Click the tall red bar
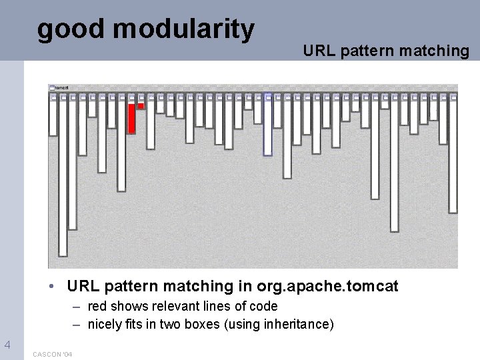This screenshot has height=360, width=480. (131, 117)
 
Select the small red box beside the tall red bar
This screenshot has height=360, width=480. (141, 105)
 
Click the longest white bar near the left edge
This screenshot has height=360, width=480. (63, 177)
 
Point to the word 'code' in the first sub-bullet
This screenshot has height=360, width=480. (264, 306)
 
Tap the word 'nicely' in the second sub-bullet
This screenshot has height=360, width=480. (103, 324)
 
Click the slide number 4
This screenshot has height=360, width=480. (7, 345)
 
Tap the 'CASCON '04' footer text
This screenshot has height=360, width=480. (53, 353)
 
